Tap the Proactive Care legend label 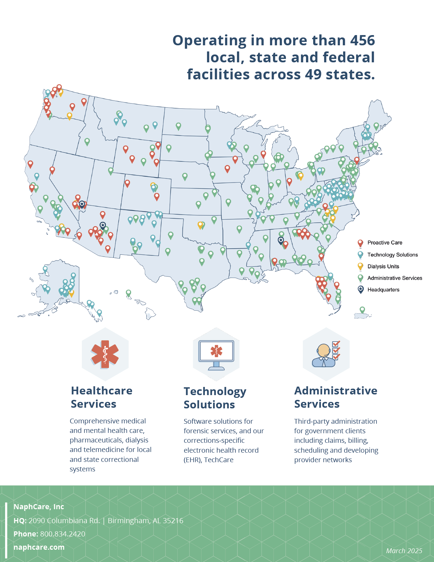pyautogui.click(x=385, y=243)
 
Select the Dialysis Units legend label pyautogui.click(x=383, y=266)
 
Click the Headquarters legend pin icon pyautogui.click(x=360, y=289)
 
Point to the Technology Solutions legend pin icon pyautogui.click(x=360, y=254)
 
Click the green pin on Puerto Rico pyautogui.click(x=362, y=309)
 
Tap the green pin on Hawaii pyautogui.click(x=128, y=292)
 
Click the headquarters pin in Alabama pyautogui.click(x=280, y=240)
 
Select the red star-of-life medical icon pyautogui.click(x=105, y=355)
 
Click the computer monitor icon pyautogui.click(x=216, y=355)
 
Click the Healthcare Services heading pyautogui.click(x=101, y=397)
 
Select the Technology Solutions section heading pyautogui.click(x=215, y=398)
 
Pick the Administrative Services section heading pyautogui.click(x=335, y=397)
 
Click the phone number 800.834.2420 pyautogui.click(x=63, y=534)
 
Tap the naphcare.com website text pyautogui.click(x=39, y=547)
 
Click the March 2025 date pyautogui.click(x=404, y=550)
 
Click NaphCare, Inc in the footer pyautogui.click(x=39, y=506)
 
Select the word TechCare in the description pyautogui.click(x=219, y=459)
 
